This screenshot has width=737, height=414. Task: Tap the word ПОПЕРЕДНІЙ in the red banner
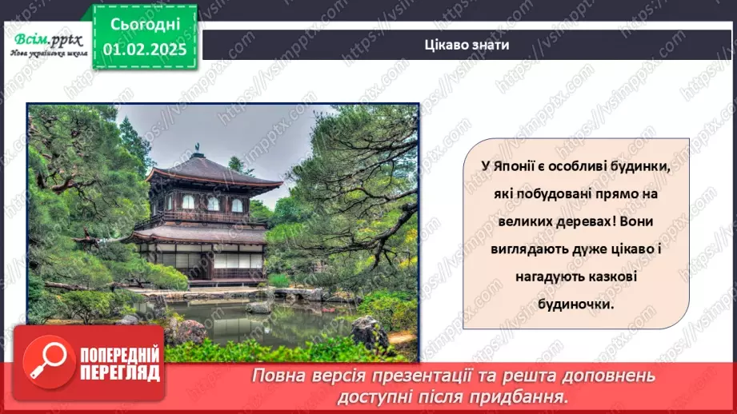(x=120, y=356)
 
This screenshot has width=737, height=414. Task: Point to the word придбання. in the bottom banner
(x=528, y=396)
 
